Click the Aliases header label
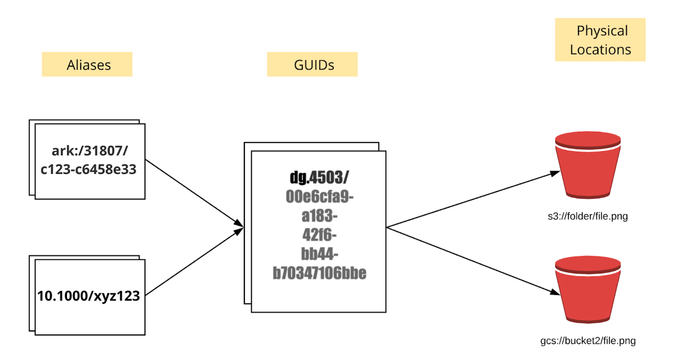point(89,65)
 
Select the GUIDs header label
point(314,65)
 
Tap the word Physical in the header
point(602,31)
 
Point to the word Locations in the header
point(600,50)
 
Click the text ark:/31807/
point(90,151)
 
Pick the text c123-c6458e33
point(89,169)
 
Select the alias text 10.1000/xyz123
point(89,296)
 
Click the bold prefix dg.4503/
point(319,177)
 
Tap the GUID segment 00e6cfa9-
point(319,196)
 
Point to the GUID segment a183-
point(319,216)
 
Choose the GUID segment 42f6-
point(319,235)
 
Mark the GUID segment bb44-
point(319,254)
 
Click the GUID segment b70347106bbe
point(319,273)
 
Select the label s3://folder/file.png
point(588,216)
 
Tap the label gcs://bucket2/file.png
point(588,341)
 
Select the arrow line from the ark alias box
point(192,192)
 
